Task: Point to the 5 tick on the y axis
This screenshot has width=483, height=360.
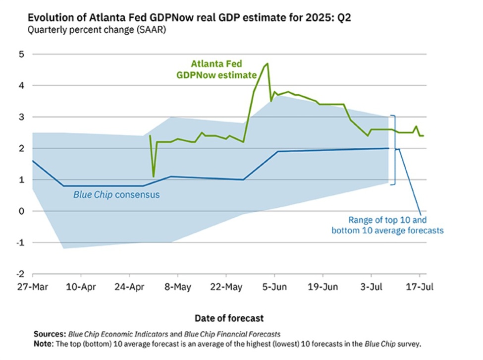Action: click(20, 54)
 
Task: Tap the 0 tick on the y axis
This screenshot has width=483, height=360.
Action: click(20, 211)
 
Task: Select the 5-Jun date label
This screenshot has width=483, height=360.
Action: click(274, 287)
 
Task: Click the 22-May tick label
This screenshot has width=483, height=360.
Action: click(225, 287)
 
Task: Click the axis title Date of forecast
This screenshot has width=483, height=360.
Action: click(229, 318)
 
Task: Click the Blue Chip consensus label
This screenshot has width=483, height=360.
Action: click(116, 195)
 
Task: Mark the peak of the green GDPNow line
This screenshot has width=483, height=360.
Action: click(268, 63)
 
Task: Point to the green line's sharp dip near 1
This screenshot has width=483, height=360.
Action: click(154, 176)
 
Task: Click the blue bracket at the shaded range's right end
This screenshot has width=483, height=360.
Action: click(395, 150)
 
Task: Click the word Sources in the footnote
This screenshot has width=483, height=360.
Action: click(49, 334)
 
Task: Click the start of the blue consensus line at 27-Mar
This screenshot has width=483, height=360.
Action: click(33, 161)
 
